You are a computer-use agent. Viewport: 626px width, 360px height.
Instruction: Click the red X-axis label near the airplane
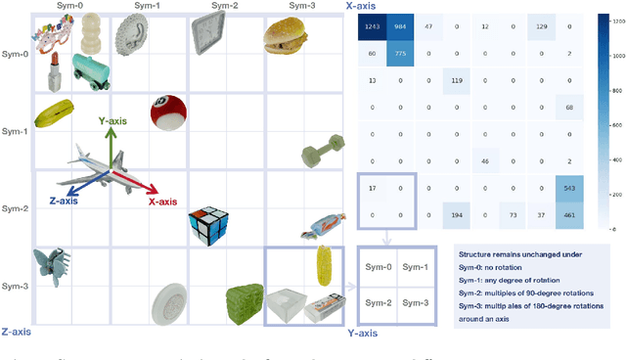pyautogui.click(x=161, y=202)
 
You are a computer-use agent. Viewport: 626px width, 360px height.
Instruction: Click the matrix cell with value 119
pyautogui.click(x=457, y=79)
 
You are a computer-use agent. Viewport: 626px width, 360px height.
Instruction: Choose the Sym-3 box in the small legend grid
pyautogui.click(x=416, y=303)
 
